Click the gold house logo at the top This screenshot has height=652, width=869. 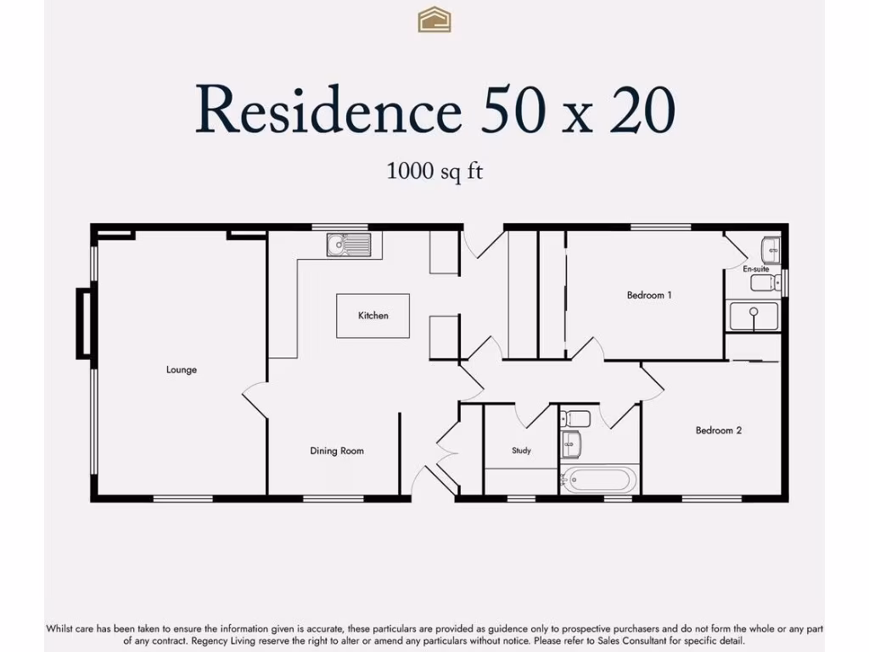click(434, 20)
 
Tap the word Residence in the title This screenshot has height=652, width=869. click(328, 110)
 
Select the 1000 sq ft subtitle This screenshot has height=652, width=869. click(434, 170)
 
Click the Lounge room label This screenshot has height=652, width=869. click(182, 370)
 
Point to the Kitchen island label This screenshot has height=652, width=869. click(373, 316)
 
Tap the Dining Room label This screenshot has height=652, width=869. click(337, 451)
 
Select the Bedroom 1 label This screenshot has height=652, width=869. click(649, 295)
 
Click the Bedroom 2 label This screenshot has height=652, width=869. click(719, 430)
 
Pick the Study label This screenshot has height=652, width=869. click(521, 451)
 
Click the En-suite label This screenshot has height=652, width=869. click(755, 269)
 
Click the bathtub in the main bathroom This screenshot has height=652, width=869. click(600, 481)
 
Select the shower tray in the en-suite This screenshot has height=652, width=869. click(754, 316)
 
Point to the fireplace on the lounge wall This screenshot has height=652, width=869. click(84, 323)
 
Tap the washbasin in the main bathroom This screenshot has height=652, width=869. click(570, 444)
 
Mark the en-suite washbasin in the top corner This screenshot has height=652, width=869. click(771, 250)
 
